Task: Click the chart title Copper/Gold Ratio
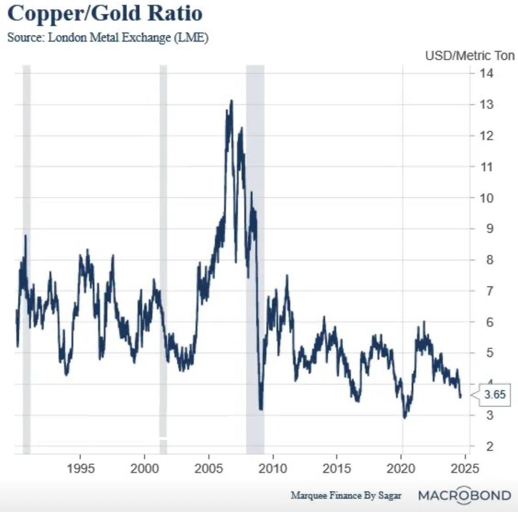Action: (105, 13)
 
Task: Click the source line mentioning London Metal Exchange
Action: (108, 37)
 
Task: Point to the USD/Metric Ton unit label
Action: (469, 56)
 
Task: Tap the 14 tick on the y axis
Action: (486, 73)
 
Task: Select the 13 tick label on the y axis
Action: (486, 105)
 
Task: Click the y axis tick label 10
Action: (486, 198)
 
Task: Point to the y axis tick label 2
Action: (489, 446)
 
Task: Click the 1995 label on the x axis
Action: (81, 469)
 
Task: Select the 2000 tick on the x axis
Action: (144, 469)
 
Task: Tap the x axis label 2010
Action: (273, 469)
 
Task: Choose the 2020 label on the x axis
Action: (401, 469)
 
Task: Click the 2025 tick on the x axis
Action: (465, 469)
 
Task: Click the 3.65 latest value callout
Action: (494, 395)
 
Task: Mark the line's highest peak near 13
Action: (231, 102)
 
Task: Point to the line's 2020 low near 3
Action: (405, 417)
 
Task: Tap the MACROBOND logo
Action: (464, 495)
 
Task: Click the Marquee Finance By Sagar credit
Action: (346, 496)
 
